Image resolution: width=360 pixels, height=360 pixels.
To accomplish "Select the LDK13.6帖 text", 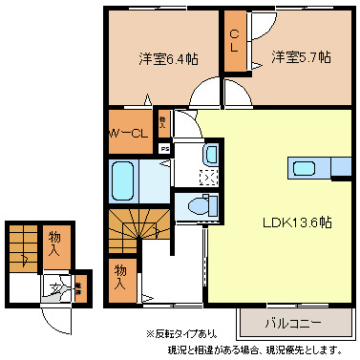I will [x=298, y=222].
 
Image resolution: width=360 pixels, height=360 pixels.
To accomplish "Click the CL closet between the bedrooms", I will [x=234, y=42].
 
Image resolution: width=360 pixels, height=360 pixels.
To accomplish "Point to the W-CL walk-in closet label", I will [x=126, y=133].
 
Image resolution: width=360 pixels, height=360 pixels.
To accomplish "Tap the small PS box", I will [x=164, y=149].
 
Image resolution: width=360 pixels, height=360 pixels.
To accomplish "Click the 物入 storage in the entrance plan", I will [x=57, y=244].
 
